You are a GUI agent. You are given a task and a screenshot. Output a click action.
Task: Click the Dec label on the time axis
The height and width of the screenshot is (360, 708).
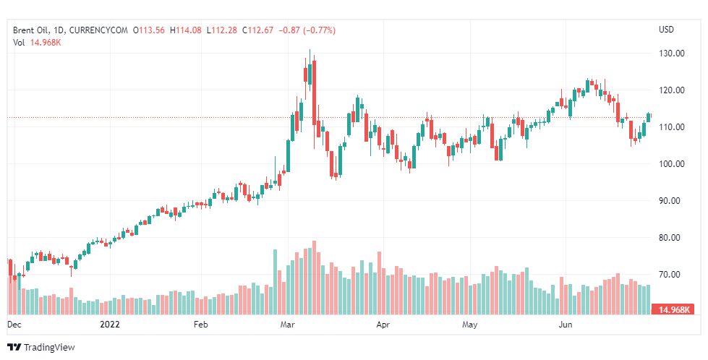pos(14,325)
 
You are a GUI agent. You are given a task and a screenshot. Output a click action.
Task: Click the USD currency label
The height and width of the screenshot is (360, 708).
pos(666,30)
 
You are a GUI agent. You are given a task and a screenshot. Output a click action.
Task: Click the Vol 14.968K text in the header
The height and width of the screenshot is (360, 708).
pos(37,43)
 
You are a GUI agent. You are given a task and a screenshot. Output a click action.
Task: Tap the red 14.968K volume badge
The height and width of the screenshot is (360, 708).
pos(673,310)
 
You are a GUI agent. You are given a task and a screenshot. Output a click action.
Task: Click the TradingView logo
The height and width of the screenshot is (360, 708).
pos(41,347)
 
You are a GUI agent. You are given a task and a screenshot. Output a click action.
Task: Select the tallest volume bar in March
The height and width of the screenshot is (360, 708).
pos(314,278)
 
